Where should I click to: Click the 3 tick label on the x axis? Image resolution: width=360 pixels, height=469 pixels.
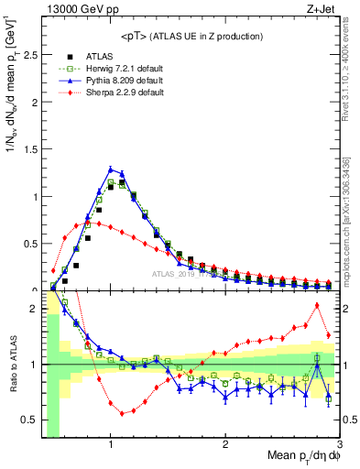[x=339, y=446]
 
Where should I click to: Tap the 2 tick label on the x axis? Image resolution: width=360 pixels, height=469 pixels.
[x=225, y=446]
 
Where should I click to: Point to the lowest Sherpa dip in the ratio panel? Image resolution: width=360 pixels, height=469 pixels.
[x=122, y=413]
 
